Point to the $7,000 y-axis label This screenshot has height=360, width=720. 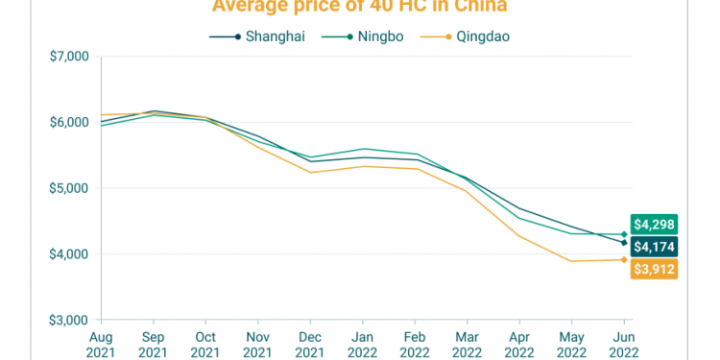coord(69,57)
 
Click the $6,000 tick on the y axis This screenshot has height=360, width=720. coord(69,122)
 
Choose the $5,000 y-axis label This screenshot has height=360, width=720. coord(69,188)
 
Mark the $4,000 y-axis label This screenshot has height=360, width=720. coord(69,254)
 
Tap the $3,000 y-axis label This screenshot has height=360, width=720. coord(69,320)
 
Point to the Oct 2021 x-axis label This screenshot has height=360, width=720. coord(204,343)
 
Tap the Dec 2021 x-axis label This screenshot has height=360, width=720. coord(309,343)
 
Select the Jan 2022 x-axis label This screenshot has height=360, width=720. coord(362,343)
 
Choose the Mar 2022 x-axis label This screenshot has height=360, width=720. coord(467,343)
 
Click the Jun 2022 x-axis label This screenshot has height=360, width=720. coord(624,343)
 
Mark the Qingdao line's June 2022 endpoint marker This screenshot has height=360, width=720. coord(624,260)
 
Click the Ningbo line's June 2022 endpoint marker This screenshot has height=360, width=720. coord(624,234)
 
